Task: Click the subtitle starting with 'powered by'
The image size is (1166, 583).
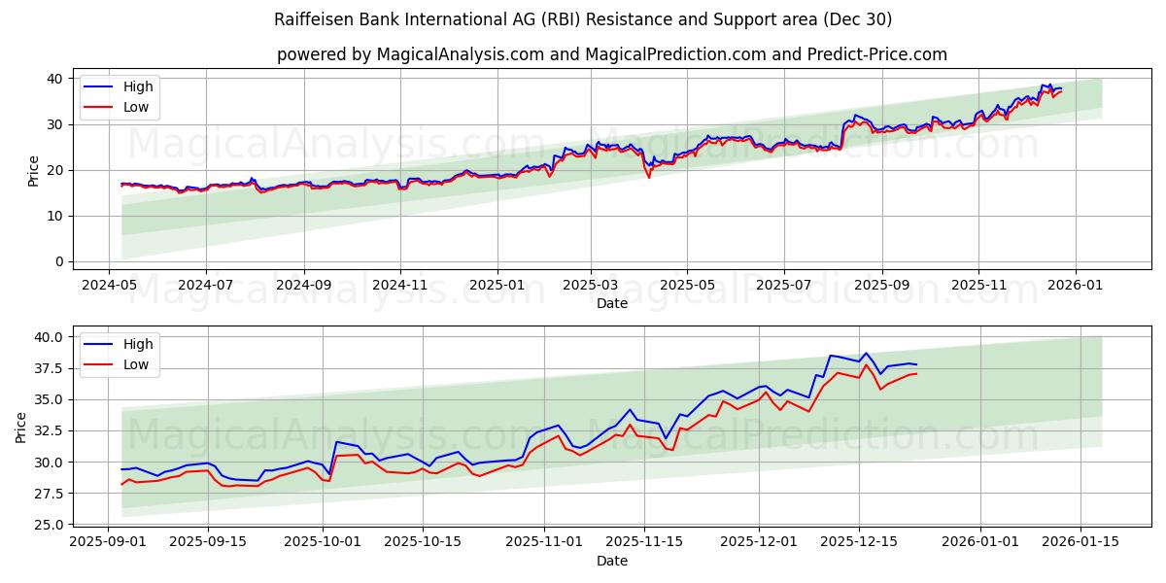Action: pos(611,54)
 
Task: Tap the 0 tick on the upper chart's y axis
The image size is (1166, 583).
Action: pos(58,261)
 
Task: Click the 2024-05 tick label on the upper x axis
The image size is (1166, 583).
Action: pos(109,286)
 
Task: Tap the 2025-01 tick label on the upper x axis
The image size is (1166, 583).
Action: pos(497,286)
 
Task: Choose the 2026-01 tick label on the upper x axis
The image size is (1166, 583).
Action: pos(1076,286)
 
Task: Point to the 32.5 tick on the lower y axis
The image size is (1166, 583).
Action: pos(45,430)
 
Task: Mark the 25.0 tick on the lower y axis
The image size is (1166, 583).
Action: pos(45,525)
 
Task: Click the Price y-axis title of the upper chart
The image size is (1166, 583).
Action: pos(34,170)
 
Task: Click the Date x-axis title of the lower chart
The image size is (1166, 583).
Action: pos(611,561)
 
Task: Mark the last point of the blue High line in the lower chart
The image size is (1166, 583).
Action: pos(916,364)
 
